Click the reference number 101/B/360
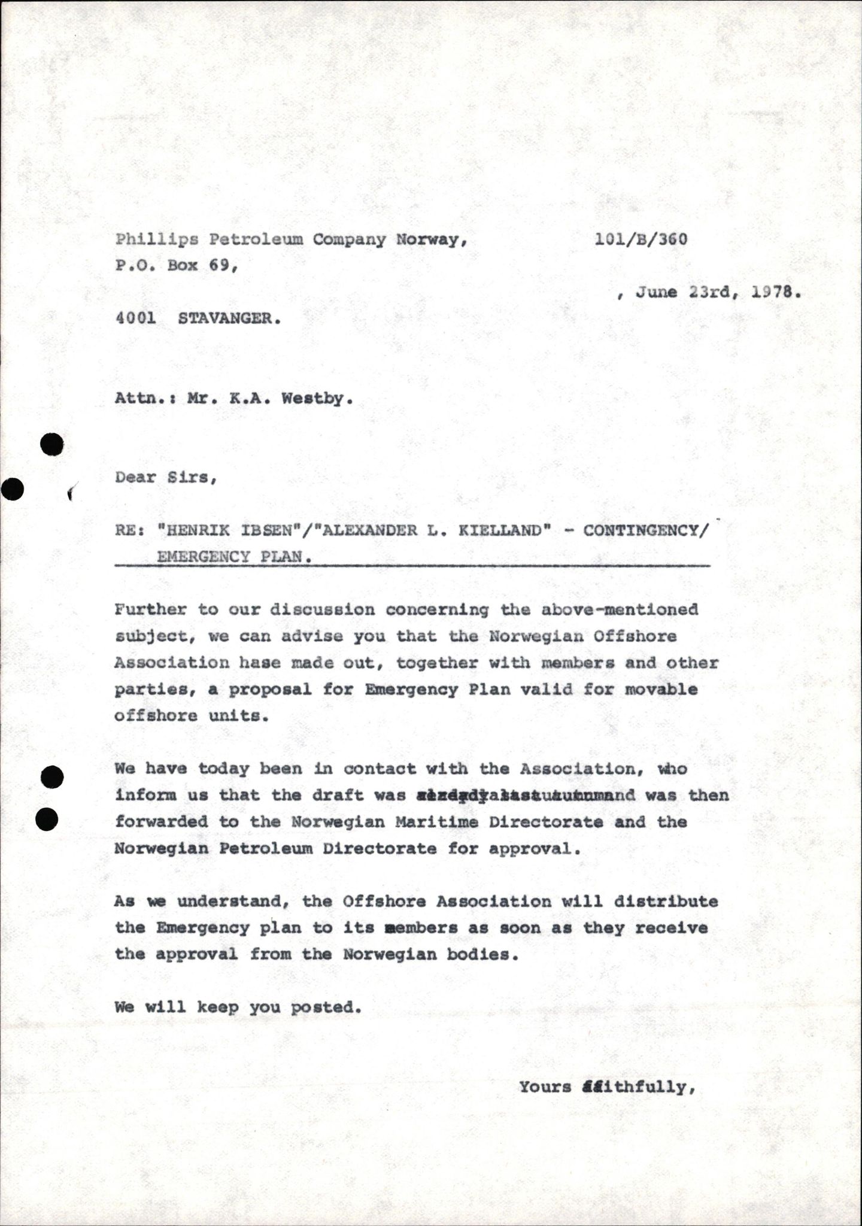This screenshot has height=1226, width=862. pyautogui.click(x=641, y=239)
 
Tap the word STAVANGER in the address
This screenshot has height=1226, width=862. pyautogui.click(x=229, y=318)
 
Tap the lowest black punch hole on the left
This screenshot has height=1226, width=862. pyautogui.click(x=47, y=819)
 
